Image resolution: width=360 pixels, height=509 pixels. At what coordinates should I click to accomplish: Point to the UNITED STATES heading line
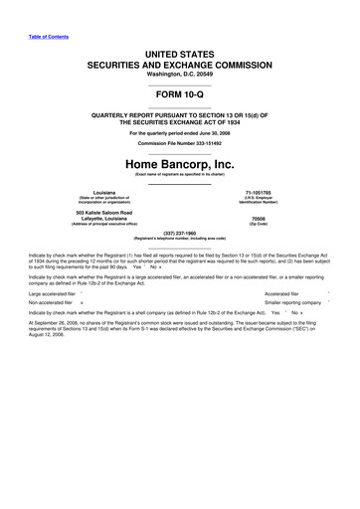(179, 37)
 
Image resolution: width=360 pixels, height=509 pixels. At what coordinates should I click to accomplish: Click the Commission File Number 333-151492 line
(179, 141)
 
